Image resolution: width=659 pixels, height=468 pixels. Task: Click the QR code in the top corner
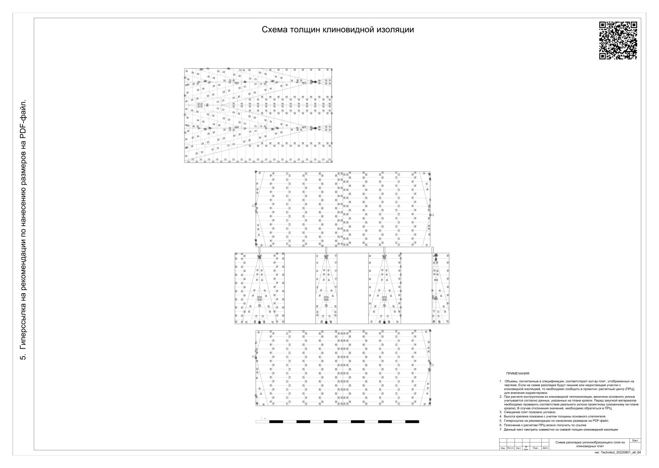(x=618, y=40)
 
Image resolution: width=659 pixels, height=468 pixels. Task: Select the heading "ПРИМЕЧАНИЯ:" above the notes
(x=518, y=373)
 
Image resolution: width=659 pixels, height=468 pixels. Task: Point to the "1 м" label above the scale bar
(x=264, y=418)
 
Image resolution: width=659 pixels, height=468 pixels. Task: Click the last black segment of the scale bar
(x=412, y=422)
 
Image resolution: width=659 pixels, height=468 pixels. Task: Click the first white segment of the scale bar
(x=262, y=422)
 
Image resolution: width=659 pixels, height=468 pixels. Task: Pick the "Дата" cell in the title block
(x=545, y=448)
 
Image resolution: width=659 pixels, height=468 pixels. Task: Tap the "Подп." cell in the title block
(x=535, y=448)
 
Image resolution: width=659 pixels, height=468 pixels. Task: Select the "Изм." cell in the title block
(x=503, y=448)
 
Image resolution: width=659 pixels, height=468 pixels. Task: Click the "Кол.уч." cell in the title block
(x=510, y=448)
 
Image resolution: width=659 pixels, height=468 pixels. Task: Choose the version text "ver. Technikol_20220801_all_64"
(x=618, y=452)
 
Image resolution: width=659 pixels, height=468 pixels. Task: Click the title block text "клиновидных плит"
(x=590, y=446)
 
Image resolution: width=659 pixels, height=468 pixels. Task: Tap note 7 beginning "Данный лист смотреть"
(x=561, y=429)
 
